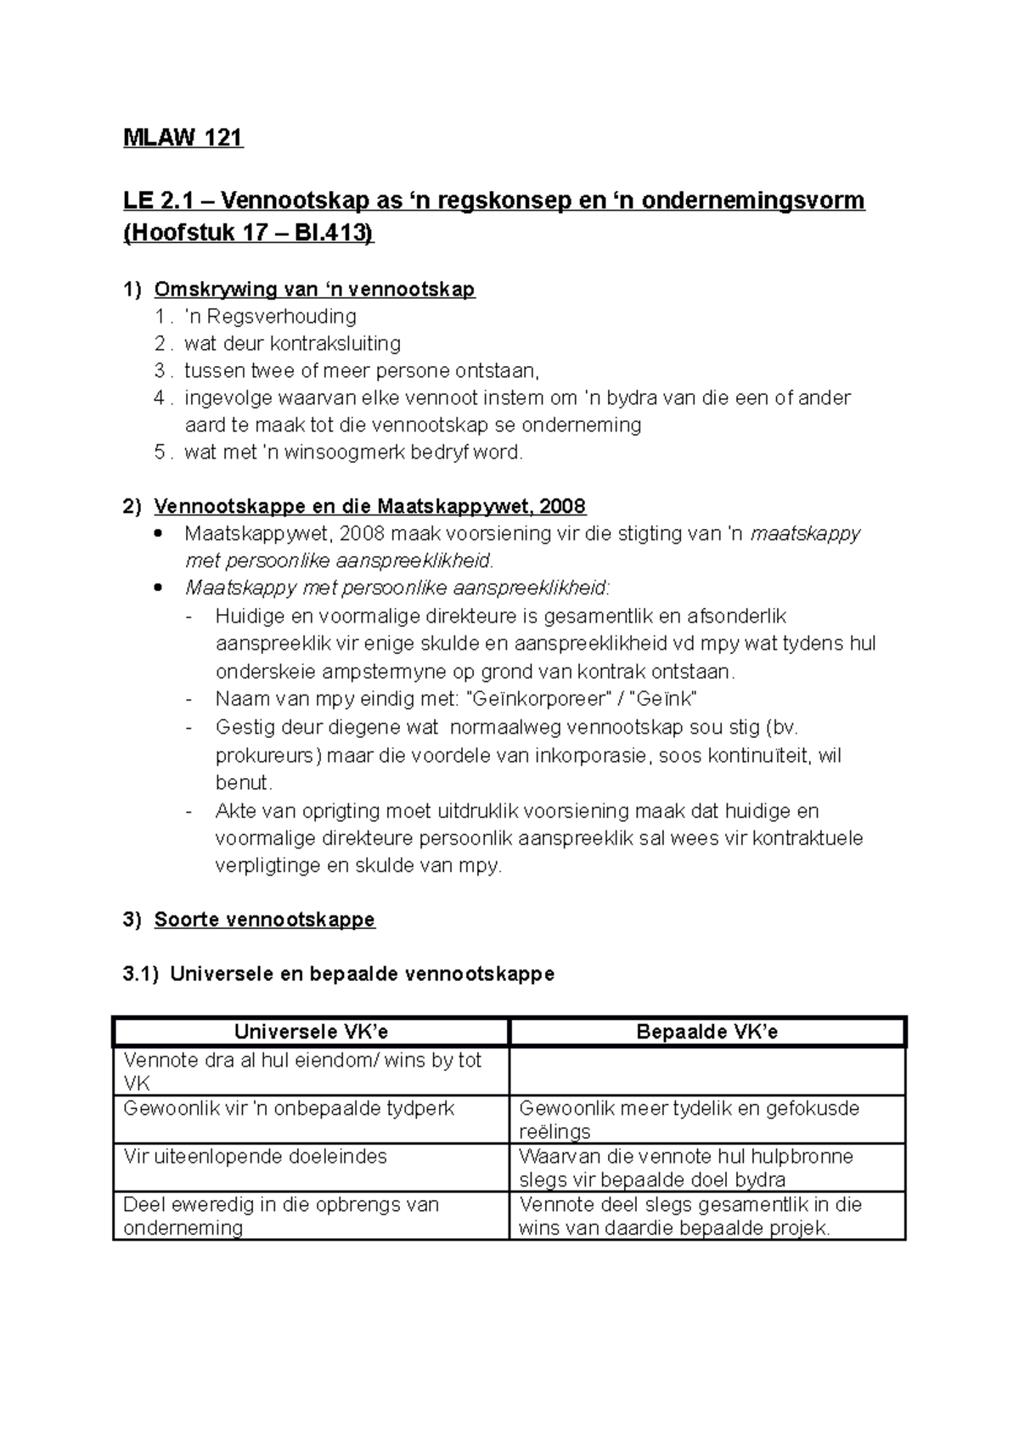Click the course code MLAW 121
(x=183, y=138)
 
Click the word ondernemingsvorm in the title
(x=752, y=201)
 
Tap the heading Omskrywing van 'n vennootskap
(x=314, y=290)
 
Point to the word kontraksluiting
(x=335, y=344)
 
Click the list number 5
(x=160, y=453)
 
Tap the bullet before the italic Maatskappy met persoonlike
(x=158, y=589)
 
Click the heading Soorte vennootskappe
(x=264, y=920)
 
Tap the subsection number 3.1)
(x=141, y=974)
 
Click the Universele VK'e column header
(x=311, y=1032)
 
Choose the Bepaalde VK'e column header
(x=707, y=1032)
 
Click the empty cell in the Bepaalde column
(x=707, y=1071)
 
